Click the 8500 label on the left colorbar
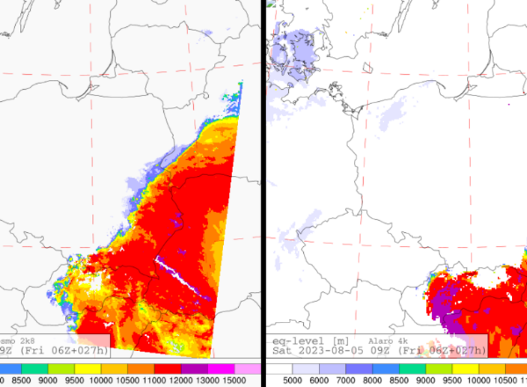pos(18,381)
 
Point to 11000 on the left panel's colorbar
pos(141,381)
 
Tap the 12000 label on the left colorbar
pos(167,381)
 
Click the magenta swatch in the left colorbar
pos(221,369)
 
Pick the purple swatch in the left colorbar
pos(194,369)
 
